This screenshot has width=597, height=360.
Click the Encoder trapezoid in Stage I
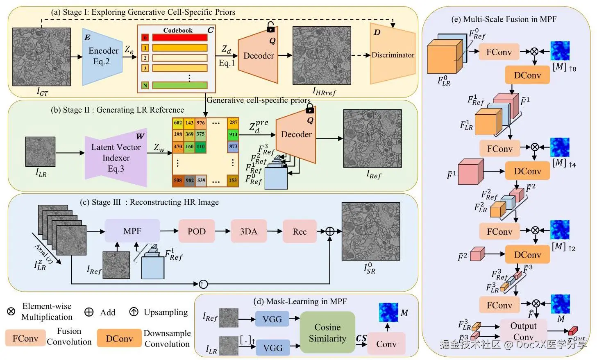tap(102, 57)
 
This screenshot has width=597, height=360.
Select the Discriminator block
tap(392, 54)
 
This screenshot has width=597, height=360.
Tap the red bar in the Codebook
tap(179, 38)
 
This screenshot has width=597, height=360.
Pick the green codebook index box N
tap(145, 86)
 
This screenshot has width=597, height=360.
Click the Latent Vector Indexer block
tap(116, 158)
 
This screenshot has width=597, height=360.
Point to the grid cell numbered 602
tap(178, 122)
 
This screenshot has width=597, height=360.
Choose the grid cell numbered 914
tap(233, 134)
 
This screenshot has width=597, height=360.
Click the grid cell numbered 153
tap(233, 180)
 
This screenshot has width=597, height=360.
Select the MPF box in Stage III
tap(132, 231)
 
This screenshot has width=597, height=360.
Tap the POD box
tap(196, 231)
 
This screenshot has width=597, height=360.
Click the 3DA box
tap(248, 231)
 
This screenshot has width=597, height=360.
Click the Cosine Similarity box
tap(327, 333)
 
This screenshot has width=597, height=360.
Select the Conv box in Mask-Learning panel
tap(386, 344)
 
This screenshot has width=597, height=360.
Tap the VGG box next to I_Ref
tap(272, 319)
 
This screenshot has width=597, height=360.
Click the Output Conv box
tap(523, 331)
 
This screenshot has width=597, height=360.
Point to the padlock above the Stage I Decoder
tap(270, 27)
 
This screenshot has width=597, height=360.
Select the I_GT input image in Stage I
tap(41, 57)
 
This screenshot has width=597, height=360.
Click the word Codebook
tap(177, 30)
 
